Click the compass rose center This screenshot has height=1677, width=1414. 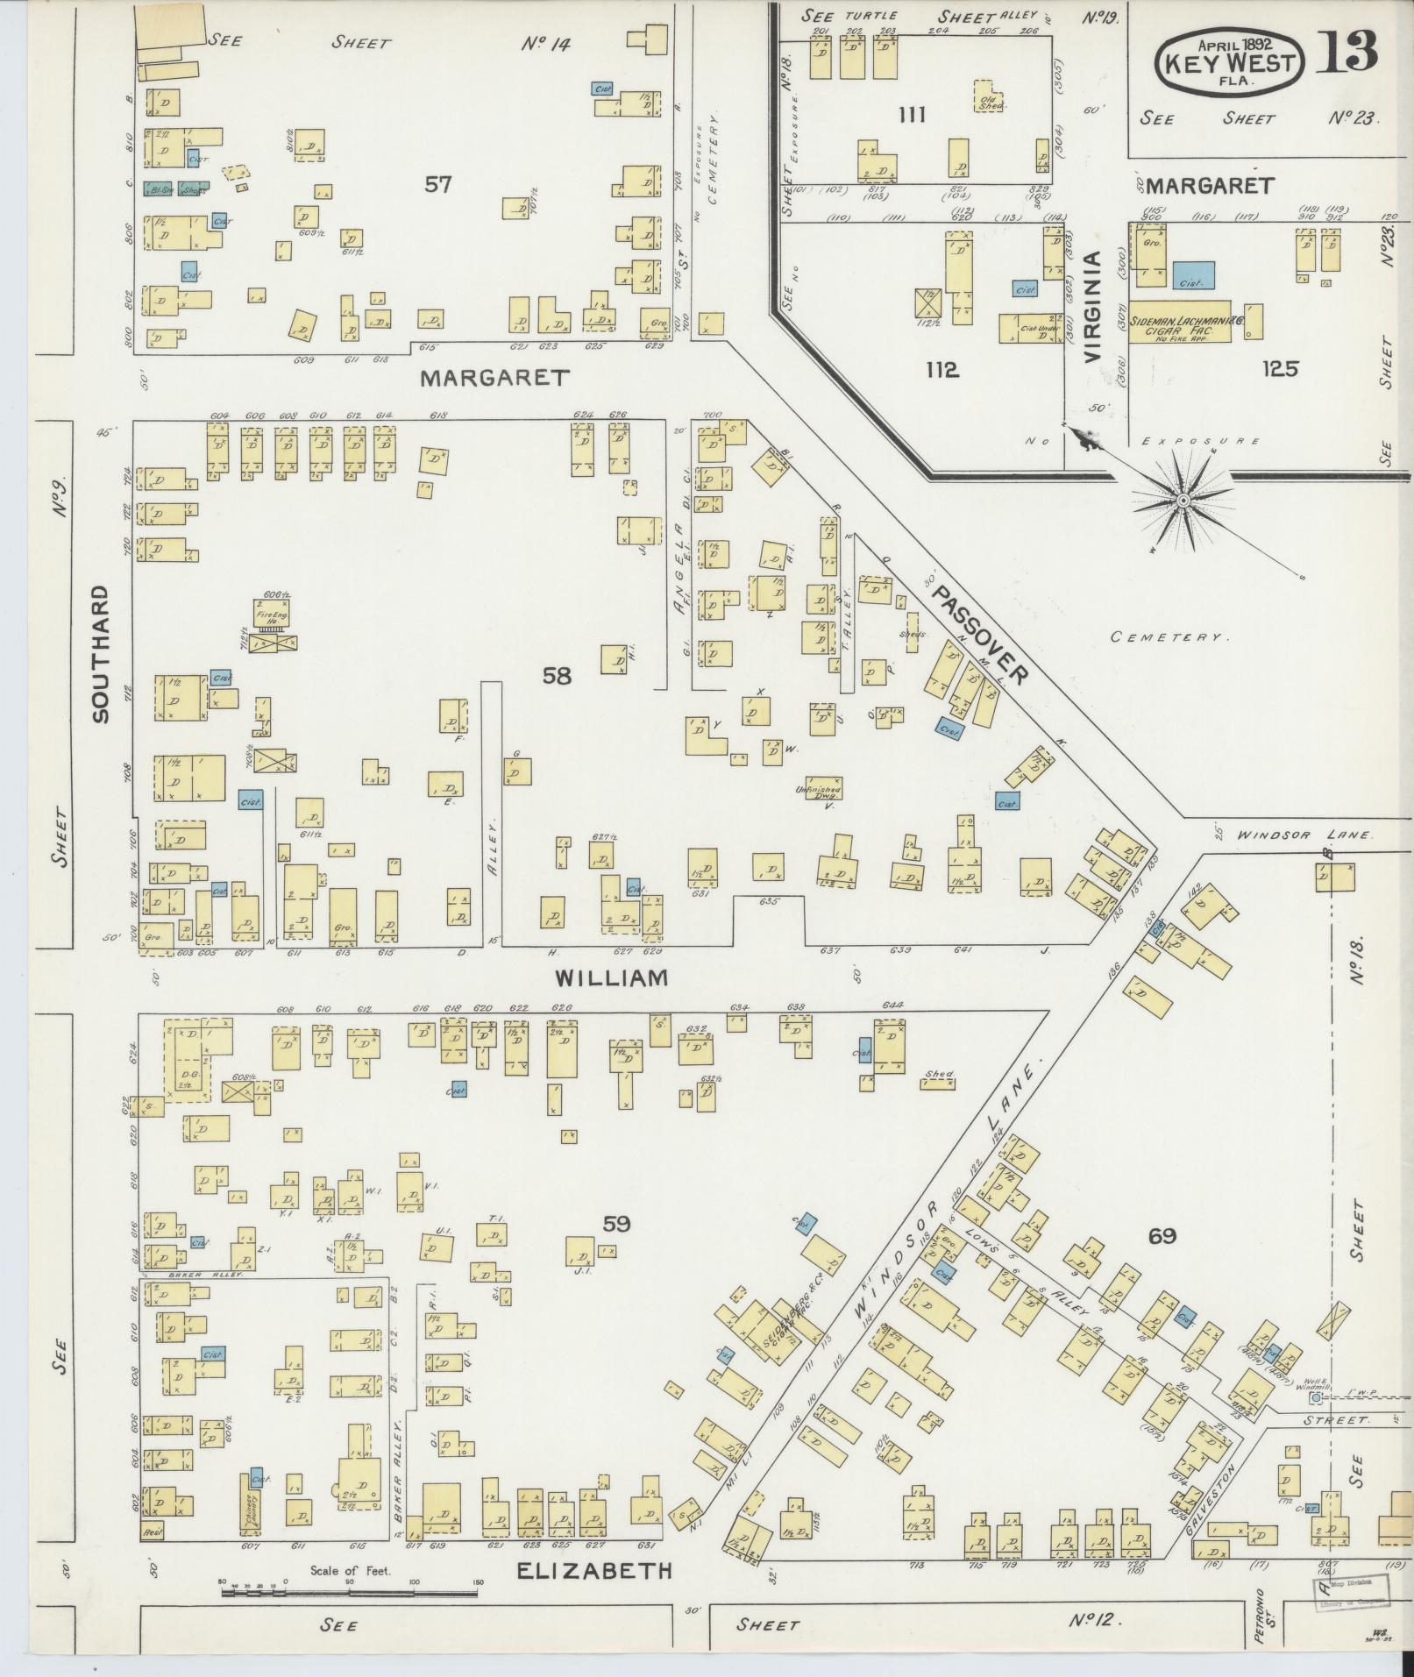pyautogui.click(x=1183, y=501)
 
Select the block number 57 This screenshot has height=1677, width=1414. pyautogui.click(x=438, y=184)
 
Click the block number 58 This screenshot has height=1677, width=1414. pyautogui.click(x=557, y=675)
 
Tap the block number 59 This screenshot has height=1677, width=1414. pyautogui.click(x=615, y=1224)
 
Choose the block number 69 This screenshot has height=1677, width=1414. pyautogui.click(x=1162, y=1237)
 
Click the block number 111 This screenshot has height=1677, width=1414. pyautogui.click(x=913, y=114)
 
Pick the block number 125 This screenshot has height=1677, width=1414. pyautogui.click(x=1279, y=369)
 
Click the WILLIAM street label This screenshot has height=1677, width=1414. pyautogui.click(x=612, y=978)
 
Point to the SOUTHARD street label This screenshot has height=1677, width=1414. pyautogui.click(x=101, y=653)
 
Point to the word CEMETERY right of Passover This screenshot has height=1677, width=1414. pyautogui.click(x=1166, y=637)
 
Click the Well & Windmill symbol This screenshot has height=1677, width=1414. pyautogui.click(x=1314, y=1398)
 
